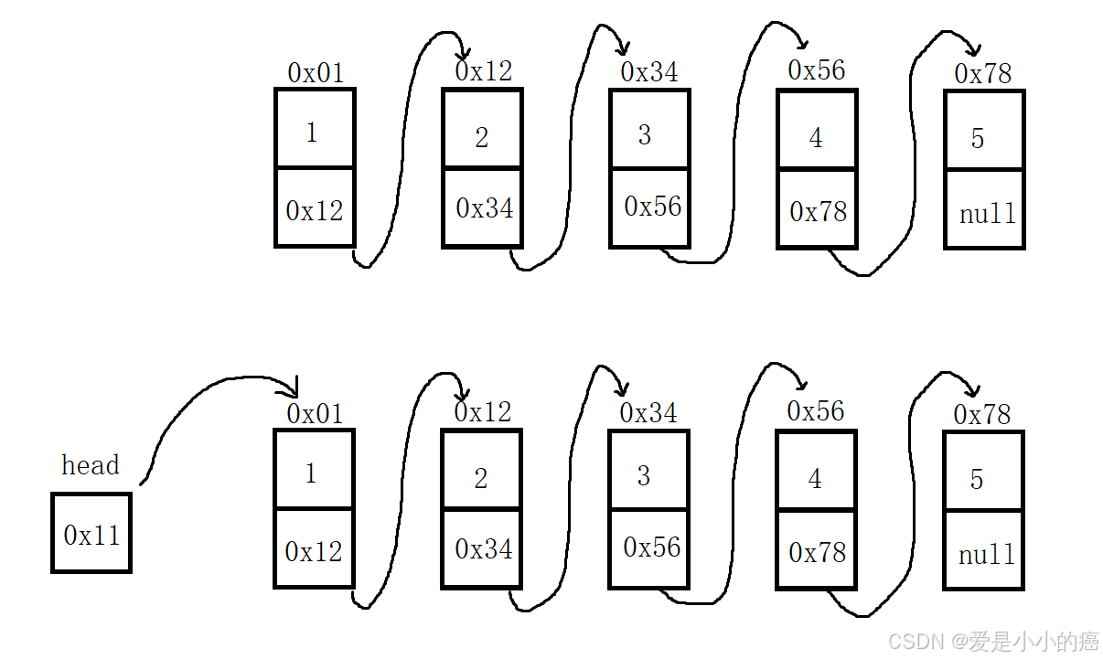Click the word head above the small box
coord(90,465)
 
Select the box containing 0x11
coord(91,533)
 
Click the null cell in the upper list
coord(985,209)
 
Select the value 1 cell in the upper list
coord(315,129)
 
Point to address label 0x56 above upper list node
coord(817,70)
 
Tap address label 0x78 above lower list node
coord(982,414)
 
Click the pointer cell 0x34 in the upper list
coord(483,208)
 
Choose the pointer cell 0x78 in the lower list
coord(818,550)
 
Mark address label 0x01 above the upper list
coord(316,73)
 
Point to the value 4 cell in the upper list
coord(818,131)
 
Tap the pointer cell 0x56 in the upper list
coord(650,207)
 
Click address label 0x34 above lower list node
coord(648,413)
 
